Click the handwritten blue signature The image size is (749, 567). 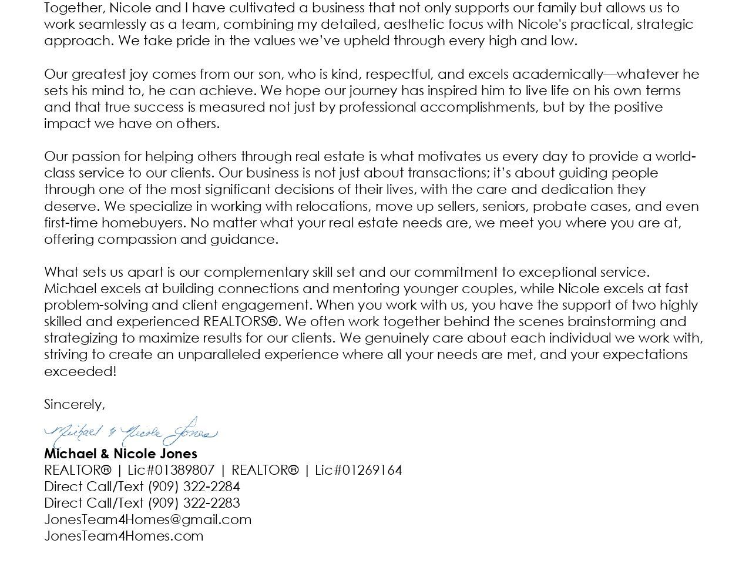(130, 433)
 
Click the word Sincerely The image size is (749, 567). (74, 404)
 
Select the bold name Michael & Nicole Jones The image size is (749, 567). (120, 454)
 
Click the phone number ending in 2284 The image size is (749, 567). (194, 487)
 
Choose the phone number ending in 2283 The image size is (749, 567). (194, 503)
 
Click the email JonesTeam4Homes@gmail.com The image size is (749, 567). (147, 519)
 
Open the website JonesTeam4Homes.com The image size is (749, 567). (123, 536)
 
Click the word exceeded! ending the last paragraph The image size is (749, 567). (80, 371)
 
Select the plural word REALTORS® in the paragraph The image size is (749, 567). (240, 321)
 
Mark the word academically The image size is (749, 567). (557, 74)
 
